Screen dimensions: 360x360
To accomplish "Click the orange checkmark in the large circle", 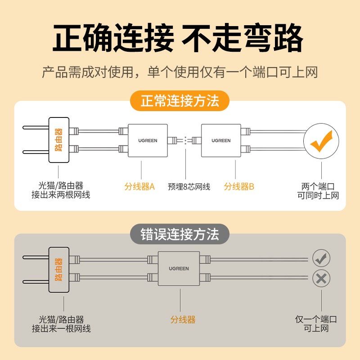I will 321,140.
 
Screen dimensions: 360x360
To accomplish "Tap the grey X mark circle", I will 321,278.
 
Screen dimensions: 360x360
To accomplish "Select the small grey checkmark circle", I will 321,258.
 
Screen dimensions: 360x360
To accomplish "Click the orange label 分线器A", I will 139,186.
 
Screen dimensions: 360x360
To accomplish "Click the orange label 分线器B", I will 239,186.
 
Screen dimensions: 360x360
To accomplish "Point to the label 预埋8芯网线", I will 189,186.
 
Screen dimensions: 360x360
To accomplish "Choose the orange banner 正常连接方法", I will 180,101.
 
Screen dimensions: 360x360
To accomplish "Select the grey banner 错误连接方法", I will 180,234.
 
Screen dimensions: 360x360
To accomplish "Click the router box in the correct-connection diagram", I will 58,140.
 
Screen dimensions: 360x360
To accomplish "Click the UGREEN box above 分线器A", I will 148,140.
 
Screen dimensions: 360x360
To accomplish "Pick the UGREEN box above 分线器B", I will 221,140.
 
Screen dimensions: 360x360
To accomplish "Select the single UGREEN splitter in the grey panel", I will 179,269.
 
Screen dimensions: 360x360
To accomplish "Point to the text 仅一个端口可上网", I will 316,324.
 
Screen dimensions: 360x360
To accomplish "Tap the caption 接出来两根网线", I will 61,195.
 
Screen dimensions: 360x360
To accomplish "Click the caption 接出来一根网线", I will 61,329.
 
